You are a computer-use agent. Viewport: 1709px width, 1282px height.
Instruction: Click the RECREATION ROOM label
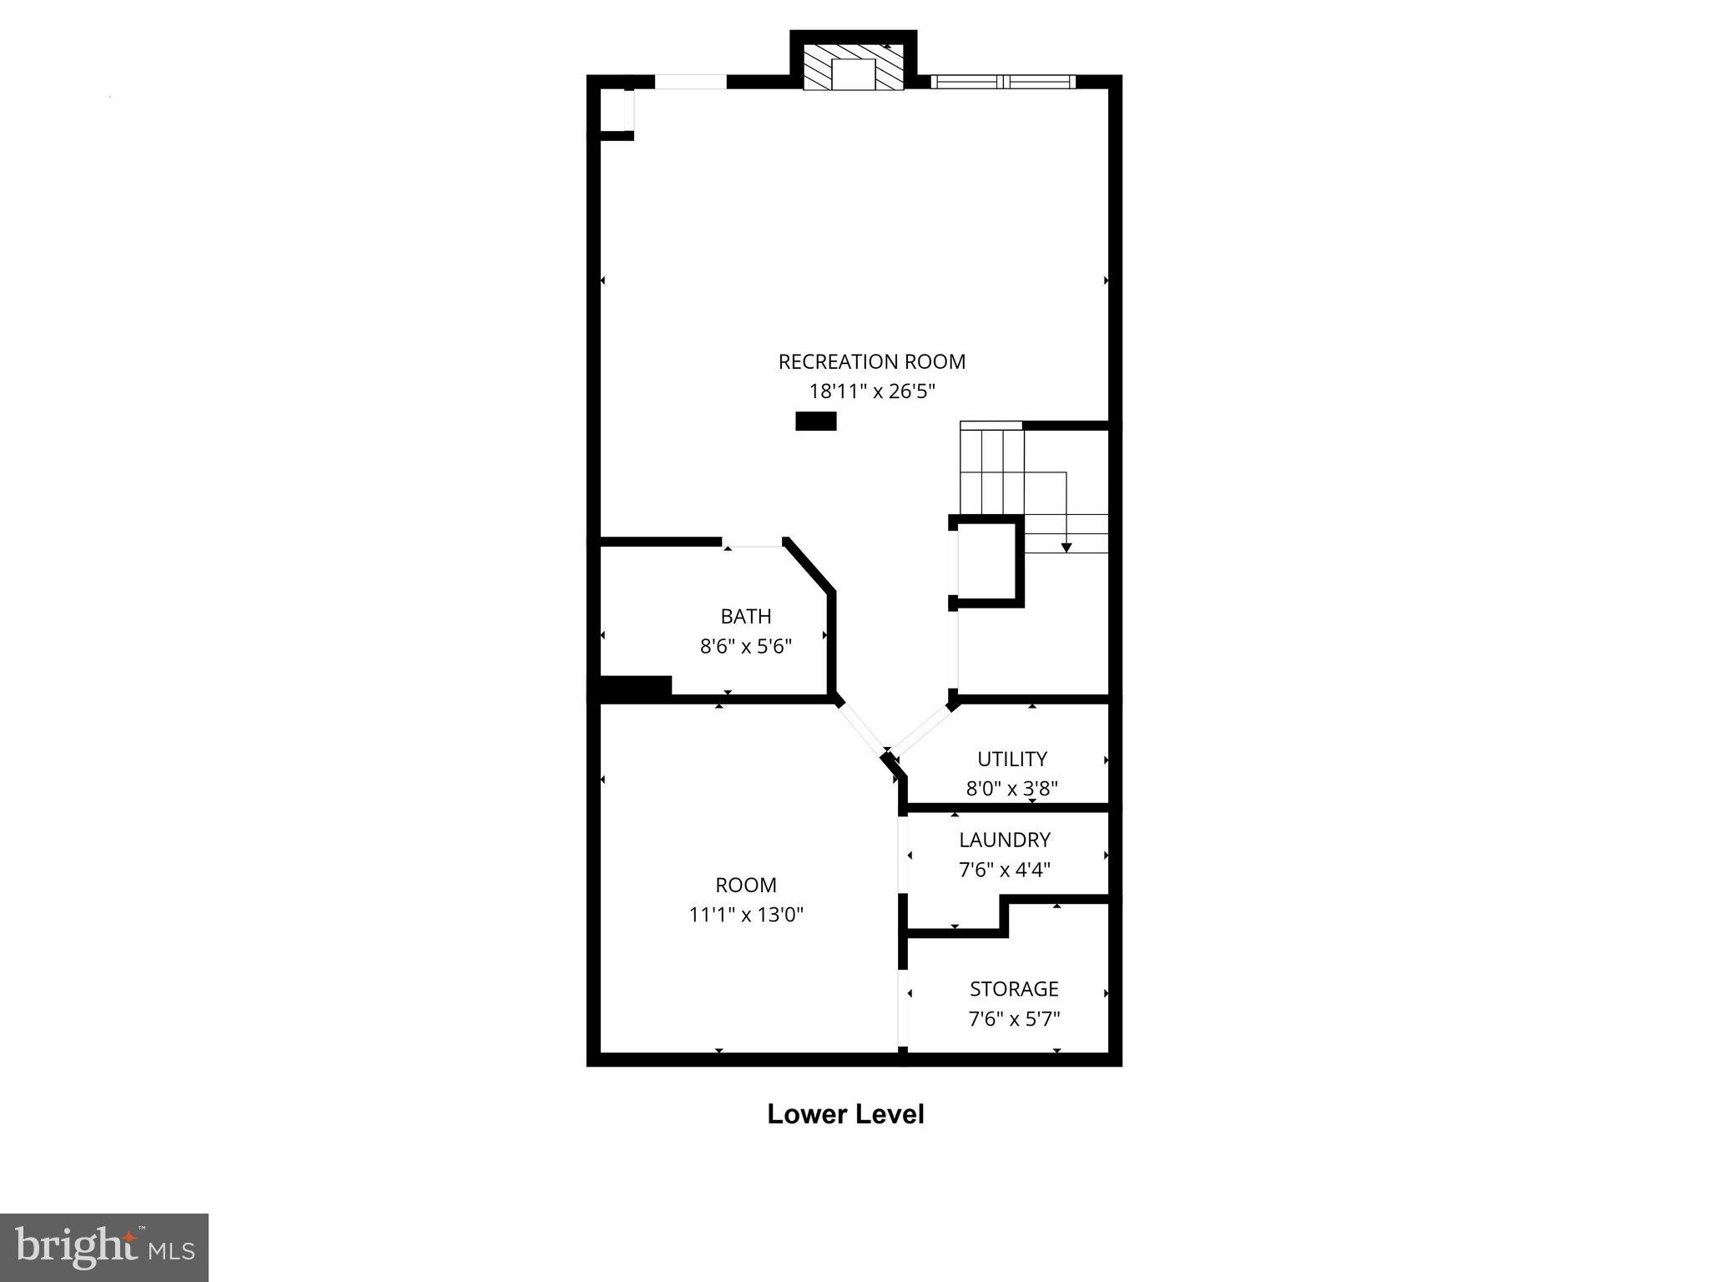(x=871, y=361)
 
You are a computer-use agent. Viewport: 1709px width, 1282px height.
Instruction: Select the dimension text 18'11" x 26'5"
(x=871, y=391)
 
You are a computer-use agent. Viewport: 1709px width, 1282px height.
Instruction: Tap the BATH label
(x=745, y=616)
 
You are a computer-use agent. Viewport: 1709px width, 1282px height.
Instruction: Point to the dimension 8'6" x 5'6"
(x=745, y=646)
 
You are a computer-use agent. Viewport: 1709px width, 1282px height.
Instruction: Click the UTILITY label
(x=1011, y=759)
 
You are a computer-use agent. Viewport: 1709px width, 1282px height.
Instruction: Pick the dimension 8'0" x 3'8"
(x=1011, y=789)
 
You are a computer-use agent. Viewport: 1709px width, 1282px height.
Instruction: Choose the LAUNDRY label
(x=1004, y=840)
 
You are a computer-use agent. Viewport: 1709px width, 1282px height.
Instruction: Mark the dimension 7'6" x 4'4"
(x=1004, y=870)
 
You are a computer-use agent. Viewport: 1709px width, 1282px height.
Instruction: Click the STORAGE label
(x=1014, y=989)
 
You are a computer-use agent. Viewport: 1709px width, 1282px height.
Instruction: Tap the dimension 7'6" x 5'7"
(x=1014, y=1019)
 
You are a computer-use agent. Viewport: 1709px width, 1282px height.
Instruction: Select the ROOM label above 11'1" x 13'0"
(x=745, y=885)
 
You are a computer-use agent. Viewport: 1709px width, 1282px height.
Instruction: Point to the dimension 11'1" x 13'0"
(x=745, y=915)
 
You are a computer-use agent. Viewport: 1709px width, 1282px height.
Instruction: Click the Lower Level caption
(x=845, y=1115)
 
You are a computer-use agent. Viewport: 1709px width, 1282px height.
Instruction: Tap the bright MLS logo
(x=104, y=1247)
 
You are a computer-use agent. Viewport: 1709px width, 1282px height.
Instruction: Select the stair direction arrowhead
(x=1066, y=548)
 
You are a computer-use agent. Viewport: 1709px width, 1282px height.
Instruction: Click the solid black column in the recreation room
(x=815, y=421)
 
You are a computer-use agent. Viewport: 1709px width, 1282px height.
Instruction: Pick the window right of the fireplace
(x=1003, y=81)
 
